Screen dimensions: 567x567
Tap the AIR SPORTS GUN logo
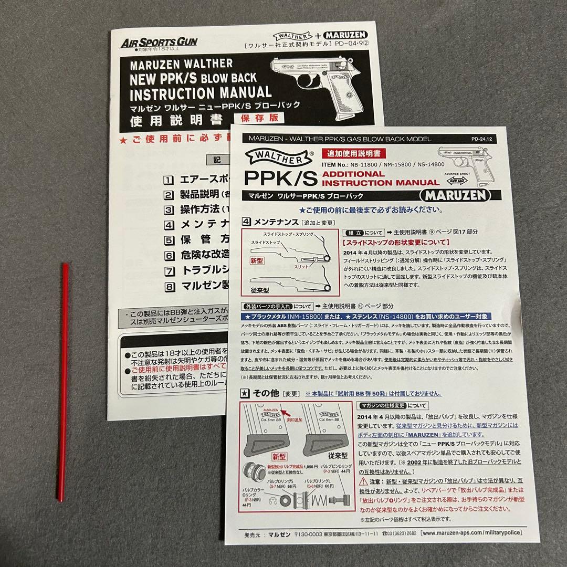(159, 43)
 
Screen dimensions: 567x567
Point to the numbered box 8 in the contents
(169, 287)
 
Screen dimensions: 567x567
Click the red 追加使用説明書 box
(357, 153)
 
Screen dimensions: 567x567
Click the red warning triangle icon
(363, 481)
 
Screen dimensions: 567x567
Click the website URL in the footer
(471, 533)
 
